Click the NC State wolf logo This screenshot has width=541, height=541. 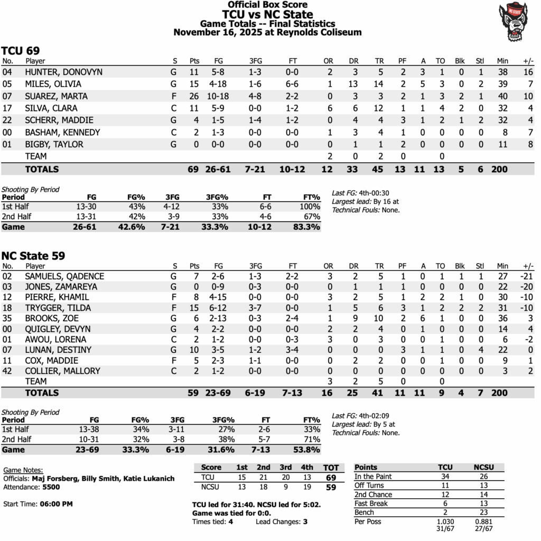[x=517, y=21]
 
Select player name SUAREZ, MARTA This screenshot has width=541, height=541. [x=56, y=96]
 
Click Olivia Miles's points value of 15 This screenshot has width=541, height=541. [x=194, y=84]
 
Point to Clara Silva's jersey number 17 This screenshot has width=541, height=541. [x=7, y=108]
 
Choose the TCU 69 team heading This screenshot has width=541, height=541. [x=20, y=51]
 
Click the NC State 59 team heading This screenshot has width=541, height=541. [x=33, y=256]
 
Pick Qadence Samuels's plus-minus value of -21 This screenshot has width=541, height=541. [x=526, y=276]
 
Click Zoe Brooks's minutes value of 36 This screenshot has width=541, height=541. [x=502, y=318]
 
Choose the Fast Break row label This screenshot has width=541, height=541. [x=371, y=503]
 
